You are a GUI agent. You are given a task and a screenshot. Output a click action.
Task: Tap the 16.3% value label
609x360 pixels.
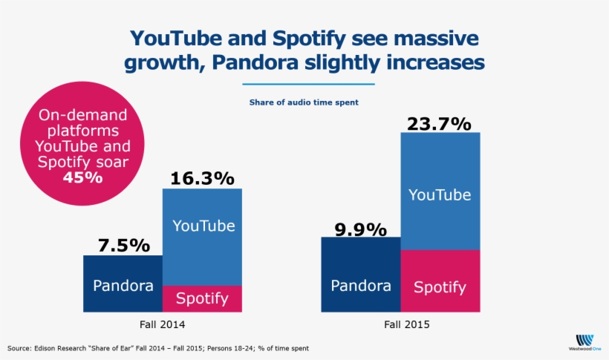202,178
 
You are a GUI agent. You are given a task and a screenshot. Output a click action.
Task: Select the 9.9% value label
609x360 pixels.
360,229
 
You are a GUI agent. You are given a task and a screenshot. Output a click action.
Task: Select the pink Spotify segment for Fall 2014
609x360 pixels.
202,298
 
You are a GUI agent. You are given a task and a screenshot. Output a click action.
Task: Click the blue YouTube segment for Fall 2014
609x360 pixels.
202,236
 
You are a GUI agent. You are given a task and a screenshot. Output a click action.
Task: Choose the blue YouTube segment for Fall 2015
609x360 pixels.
440,192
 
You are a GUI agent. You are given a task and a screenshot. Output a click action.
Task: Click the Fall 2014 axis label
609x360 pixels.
162,324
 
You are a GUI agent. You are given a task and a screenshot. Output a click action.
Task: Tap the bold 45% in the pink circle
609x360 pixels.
83,178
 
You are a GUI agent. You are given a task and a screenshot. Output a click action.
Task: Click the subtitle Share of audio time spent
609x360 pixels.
304,102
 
